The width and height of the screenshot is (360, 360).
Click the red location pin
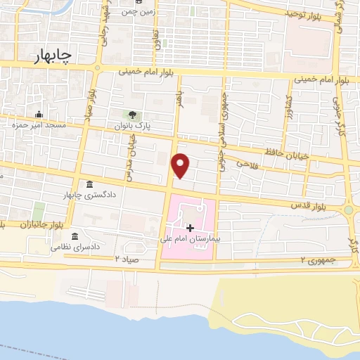181,165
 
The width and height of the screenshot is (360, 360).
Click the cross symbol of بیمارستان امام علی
190,228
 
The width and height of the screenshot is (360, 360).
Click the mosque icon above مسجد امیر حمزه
39,114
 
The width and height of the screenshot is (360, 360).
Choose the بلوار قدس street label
309,205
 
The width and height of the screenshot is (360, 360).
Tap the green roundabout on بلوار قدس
349,210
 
